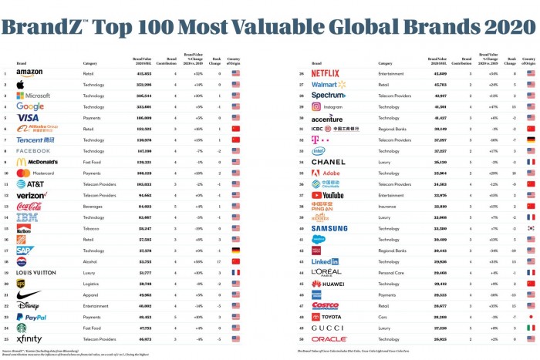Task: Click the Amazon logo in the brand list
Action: coord(29,73)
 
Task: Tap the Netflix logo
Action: coord(325,73)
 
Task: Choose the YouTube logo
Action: coord(328,195)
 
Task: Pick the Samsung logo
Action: coord(329,228)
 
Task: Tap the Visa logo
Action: coord(28,118)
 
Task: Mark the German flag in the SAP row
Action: coord(235,251)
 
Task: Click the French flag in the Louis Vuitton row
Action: coord(235,273)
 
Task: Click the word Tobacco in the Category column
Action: coord(90,228)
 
